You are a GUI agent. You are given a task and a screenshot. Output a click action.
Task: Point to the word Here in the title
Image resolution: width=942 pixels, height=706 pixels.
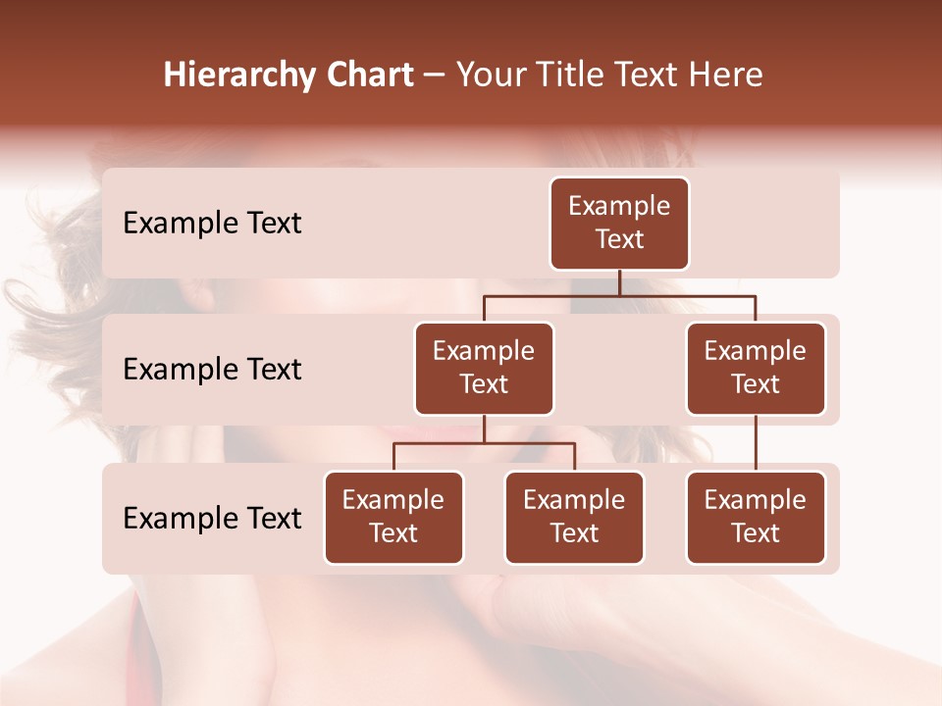(x=727, y=76)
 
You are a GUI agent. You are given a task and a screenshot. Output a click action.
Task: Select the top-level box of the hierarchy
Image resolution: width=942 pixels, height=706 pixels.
(x=619, y=224)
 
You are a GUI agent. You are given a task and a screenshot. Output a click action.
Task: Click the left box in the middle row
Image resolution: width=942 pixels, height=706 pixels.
(x=484, y=369)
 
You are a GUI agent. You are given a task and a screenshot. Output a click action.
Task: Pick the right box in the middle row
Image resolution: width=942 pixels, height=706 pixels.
(x=756, y=369)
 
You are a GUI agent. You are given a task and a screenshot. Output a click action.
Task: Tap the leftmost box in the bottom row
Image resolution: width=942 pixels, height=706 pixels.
(x=393, y=518)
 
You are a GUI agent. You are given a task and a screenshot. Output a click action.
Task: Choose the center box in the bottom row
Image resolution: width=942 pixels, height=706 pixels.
(x=574, y=518)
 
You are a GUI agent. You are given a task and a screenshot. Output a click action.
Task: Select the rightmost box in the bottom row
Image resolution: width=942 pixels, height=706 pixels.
(x=756, y=518)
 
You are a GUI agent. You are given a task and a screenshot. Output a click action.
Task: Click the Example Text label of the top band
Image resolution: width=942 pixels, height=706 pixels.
(x=212, y=224)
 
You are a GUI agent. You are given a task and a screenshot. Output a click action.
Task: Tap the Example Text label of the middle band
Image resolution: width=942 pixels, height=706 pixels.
(x=212, y=370)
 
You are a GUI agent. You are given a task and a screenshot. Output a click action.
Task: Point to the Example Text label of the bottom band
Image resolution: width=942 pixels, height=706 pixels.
(x=212, y=518)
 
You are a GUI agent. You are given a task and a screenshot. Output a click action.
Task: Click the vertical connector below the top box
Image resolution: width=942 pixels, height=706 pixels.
(x=619, y=282)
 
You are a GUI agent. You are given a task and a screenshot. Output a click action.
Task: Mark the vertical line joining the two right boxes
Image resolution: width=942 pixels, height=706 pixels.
(x=756, y=443)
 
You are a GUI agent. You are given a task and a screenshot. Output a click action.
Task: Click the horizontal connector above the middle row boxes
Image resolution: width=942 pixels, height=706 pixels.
(x=619, y=295)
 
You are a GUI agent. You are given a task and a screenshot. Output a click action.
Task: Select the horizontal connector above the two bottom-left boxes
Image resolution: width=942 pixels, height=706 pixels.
(x=484, y=443)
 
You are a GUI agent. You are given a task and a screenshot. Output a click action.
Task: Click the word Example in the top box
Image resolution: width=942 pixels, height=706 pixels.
(x=619, y=207)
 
